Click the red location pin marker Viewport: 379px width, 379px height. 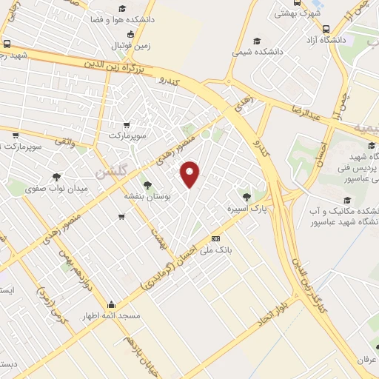[x=192, y=173]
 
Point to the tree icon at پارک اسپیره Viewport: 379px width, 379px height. [x=246, y=197]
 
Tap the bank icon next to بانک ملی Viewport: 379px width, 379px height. [x=215, y=238]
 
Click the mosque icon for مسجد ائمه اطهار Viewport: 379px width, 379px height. [x=111, y=303]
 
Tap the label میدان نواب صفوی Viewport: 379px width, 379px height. [x=56, y=188]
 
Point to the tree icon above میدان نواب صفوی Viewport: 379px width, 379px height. [x=56, y=176]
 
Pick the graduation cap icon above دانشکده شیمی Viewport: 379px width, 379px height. [x=257, y=41]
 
